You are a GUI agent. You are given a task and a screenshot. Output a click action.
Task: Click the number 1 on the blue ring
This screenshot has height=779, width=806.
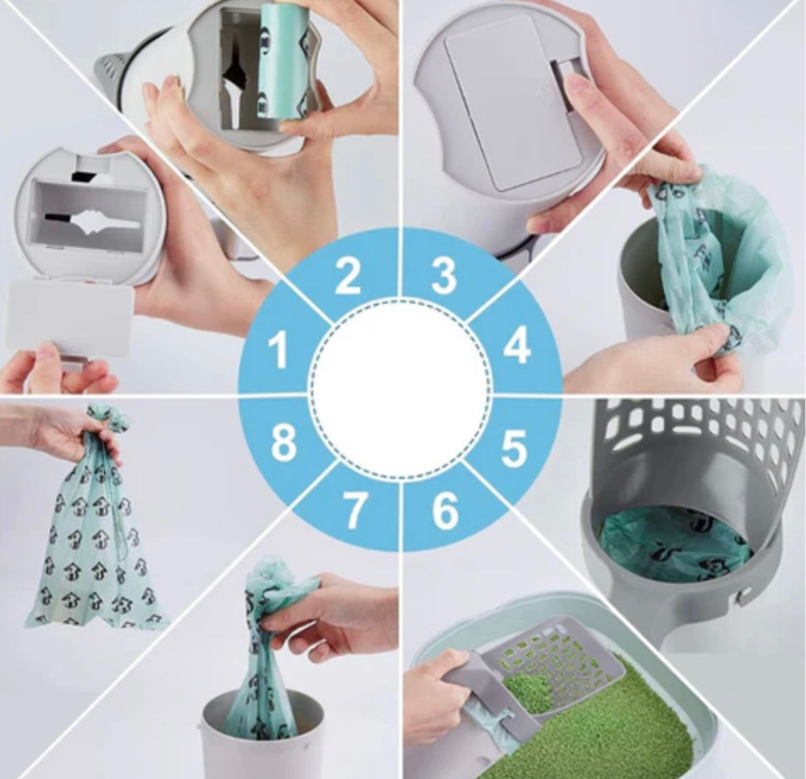click(279, 350)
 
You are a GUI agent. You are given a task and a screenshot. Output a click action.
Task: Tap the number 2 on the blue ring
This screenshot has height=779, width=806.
click(348, 276)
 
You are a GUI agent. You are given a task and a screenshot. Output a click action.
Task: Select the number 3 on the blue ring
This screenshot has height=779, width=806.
click(443, 275)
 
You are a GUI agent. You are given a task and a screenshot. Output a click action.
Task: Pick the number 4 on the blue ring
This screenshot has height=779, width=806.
click(516, 347)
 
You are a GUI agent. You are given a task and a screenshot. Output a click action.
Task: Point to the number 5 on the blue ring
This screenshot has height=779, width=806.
click(514, 447)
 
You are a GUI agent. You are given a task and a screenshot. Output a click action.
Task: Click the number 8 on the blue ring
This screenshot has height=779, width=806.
click(283, 443)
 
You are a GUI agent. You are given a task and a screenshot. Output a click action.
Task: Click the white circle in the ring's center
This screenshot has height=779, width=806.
click(399, 389)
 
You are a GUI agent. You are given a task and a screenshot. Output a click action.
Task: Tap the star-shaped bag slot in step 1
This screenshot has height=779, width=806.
click(103, 223)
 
